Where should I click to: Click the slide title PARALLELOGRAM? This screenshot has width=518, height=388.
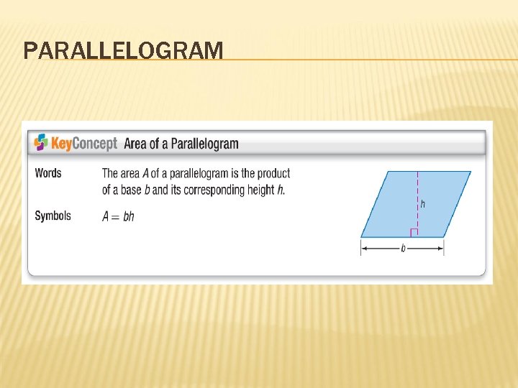pyautogui.click(x=123, y=51)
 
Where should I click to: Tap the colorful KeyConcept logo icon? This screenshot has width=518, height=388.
pyautogui.click(x=41, y=142)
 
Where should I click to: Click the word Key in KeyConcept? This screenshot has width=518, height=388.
pyautogui.click(x=61, y=144)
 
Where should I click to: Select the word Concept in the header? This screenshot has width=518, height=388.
pyautogui.click(x=95, y=144)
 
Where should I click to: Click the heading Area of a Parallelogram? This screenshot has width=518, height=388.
pyautogui.click(x=181, y=144)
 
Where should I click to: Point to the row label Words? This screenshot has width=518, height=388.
pyautogui.click(x=48, y=173)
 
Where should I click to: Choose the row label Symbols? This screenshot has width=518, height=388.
pyautogui.click(x=53, y=216)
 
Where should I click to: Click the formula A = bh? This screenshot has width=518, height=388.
pyautogui.click(x=118, y=216)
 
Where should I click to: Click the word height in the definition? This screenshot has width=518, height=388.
pyautogui.click(x=259, y=190)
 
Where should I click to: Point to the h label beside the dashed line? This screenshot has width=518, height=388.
pyautogui.click(x=423, y=204)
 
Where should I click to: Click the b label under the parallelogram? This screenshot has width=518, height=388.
pyautogui.click(x=403, y=249)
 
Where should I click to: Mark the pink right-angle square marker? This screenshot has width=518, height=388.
pyautogui.click(x=414, y=232)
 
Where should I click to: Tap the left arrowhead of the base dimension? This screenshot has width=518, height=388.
pyautogui.click(x=364, y=248)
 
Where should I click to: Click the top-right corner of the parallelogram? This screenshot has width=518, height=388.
pyautogui.click(x=471, y=172)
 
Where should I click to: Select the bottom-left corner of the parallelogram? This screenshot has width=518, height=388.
pyautogui.click(x=361, y=236)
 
